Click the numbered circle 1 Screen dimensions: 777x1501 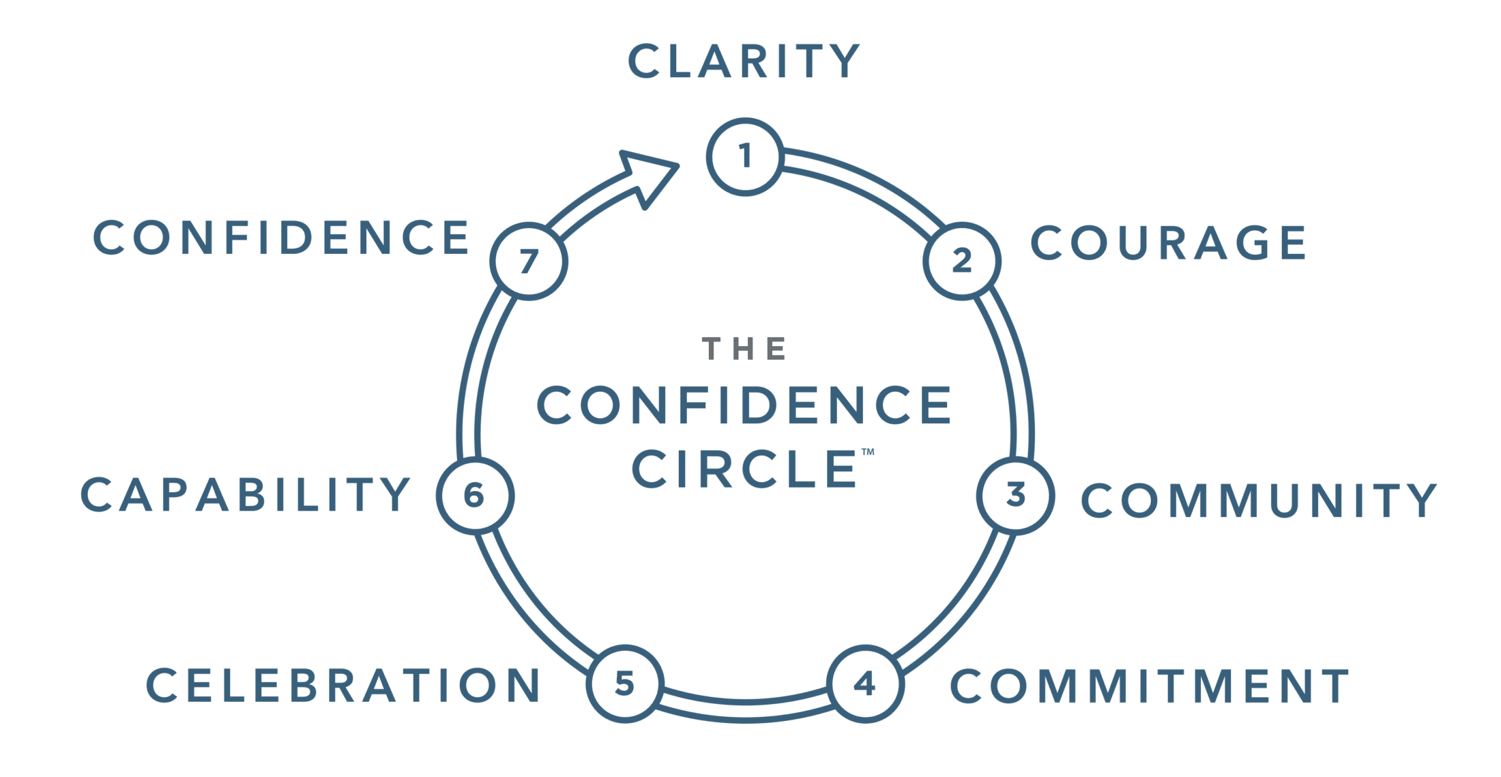click(x=744, y=156)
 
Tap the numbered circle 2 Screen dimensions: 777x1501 click(x=961, y=261)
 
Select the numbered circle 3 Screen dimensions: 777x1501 click(x=1015, y=495)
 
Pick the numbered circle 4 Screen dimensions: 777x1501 click(x=864, y=683)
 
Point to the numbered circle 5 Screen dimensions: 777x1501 click(x=624, y=683)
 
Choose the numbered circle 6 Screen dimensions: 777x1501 click(x=473, y=495)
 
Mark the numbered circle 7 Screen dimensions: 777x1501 click(x=529, y=262)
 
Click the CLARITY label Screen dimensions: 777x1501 click(x=744, y=61)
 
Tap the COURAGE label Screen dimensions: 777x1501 click(x=1168, y=242)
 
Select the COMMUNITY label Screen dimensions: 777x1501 click(x=1259, y=500)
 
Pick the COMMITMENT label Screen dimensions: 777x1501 click(x=1150, y=686)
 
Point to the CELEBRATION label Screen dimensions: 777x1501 click(x=344, y=685)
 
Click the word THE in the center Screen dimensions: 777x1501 click(x=744, y=349)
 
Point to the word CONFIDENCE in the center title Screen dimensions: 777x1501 click(x=744, y=406)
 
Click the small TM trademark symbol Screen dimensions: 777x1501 click(x=867, y=452)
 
